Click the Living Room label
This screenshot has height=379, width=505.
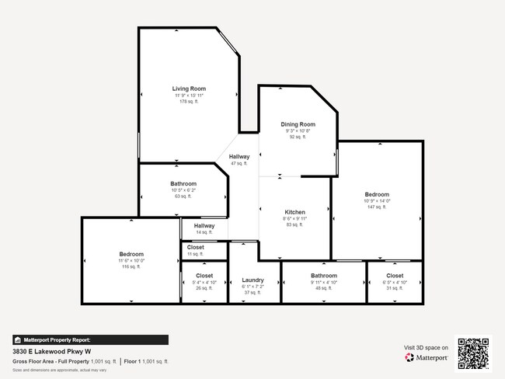(x=189, y=89)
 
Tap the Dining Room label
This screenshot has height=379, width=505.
(x=298, y=124)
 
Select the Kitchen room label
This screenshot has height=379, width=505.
(x=294, y=212)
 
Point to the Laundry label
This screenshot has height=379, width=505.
(x=253, y=280)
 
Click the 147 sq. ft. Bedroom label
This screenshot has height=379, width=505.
(x=378, y=194)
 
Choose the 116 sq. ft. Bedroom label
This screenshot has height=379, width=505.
(x=131, y=254)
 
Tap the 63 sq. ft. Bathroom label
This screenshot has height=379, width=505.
(x=183, y=184)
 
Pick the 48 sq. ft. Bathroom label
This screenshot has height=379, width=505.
(x=324, y=276)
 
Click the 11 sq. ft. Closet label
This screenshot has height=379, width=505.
(x=195, y=248)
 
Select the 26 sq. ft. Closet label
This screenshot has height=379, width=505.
(x=204, y=276)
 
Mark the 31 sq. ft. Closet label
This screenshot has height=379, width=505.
(x=395, y=275)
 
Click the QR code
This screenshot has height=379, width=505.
(x=473, y=353)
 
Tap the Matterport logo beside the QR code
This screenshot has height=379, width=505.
(x=426, y=358)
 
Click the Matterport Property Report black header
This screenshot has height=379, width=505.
(x=90, y=339)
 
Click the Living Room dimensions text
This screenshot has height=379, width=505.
(x=189, y=96)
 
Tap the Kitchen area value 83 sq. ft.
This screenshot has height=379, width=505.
(x=294, y=225)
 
